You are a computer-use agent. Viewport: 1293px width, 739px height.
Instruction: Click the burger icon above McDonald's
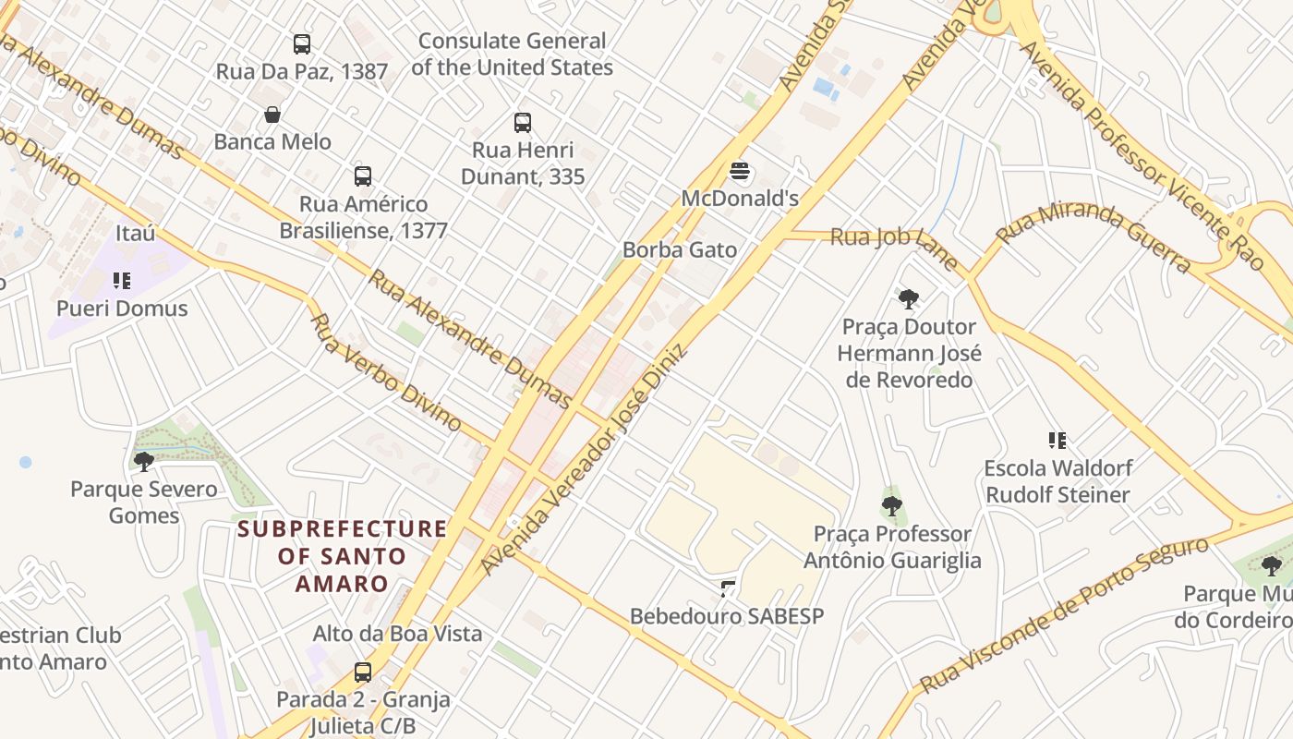[x=739, y=171]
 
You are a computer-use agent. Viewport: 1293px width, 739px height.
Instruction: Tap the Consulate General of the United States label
[x=512, y=55]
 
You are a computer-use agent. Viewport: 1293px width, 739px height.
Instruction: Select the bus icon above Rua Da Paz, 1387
[x=302, y=43]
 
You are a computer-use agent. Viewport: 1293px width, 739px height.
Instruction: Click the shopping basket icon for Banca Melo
[x=272, y=115]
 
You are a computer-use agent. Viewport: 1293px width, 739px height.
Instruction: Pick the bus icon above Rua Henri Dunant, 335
[x=523, y=122]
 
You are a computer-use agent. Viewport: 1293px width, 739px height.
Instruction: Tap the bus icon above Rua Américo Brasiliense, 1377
[x=363, y=176]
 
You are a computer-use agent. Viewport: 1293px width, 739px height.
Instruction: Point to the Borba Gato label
[x=680, y=249]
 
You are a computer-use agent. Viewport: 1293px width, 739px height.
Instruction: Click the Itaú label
[x=136, y=233]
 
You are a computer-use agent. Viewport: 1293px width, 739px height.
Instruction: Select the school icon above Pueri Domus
[x=122, y=280]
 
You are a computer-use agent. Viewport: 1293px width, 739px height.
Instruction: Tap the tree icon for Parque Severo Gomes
[x=143, y=461]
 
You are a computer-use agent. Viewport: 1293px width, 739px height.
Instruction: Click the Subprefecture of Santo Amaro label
[x=343, y=556]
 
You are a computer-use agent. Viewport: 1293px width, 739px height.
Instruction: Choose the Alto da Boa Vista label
[x=397, y=634]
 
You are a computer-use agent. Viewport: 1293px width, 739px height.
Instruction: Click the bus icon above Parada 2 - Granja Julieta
[x=363, y=672]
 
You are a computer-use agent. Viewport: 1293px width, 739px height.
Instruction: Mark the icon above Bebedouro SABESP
[x=728, y=588]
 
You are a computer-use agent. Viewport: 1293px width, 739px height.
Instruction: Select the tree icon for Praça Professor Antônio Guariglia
[x=892, y=505]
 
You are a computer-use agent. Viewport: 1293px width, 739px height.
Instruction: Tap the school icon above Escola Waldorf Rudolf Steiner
[x=1057, y=440]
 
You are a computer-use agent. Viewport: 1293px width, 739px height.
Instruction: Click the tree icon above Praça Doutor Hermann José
[x=909, y=298]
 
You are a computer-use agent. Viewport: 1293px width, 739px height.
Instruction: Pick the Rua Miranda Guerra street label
[x=1094, y=233]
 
